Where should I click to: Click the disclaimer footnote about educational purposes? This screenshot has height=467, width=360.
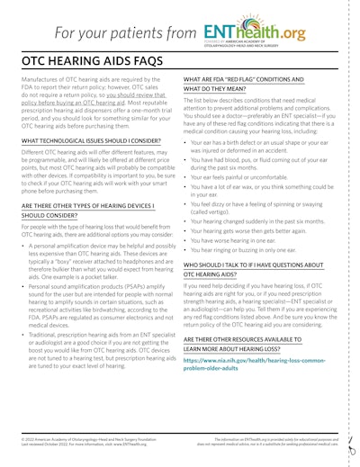point(270,441)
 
